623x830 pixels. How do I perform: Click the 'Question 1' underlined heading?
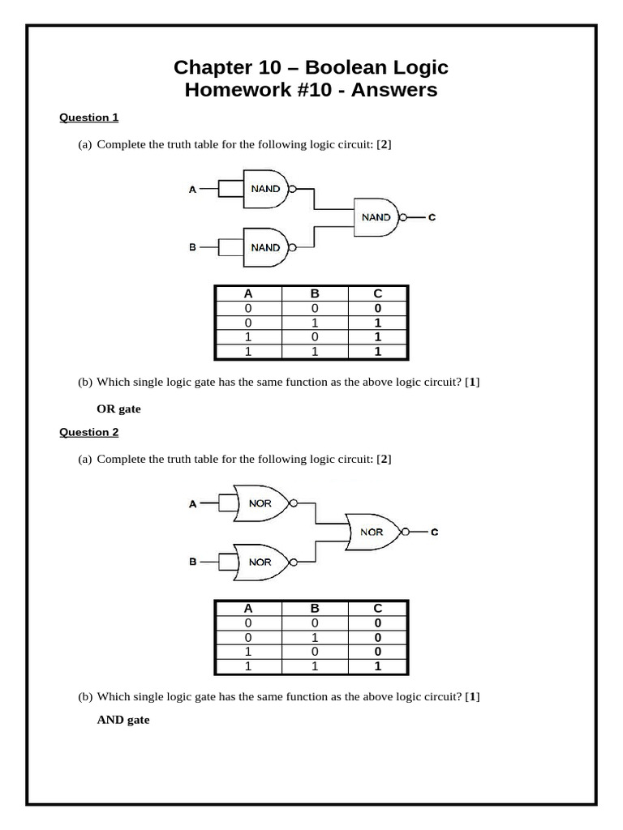(x=89, y=118)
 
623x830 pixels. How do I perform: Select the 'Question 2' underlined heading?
(x=89, y=432)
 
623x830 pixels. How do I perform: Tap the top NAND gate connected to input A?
(x=265, y=189)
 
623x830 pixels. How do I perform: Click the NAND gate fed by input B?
(x=265, y=247)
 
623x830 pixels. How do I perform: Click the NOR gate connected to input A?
(x=260, y=503)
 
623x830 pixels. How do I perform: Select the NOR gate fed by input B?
(x=260, y=562)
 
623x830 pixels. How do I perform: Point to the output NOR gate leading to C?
(x=372, y=533)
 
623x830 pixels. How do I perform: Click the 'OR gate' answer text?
(x=118, y=409)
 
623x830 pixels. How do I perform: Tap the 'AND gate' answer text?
(x=123, y=719)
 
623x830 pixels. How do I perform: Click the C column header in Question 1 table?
(x=378, y=294)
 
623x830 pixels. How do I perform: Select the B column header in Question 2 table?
(x=315, y=609)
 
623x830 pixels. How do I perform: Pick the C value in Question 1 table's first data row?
(x=378, y=309)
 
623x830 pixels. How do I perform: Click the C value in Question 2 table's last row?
(x=378, y=667)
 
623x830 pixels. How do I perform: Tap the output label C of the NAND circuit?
(x=432, y=217)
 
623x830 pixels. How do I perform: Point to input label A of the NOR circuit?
(x=193, y=504)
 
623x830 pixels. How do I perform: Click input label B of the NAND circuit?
(x=193, y=247)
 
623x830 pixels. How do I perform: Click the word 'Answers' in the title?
(x=397, y=90)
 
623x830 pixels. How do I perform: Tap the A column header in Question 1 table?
(x=248, y=294)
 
